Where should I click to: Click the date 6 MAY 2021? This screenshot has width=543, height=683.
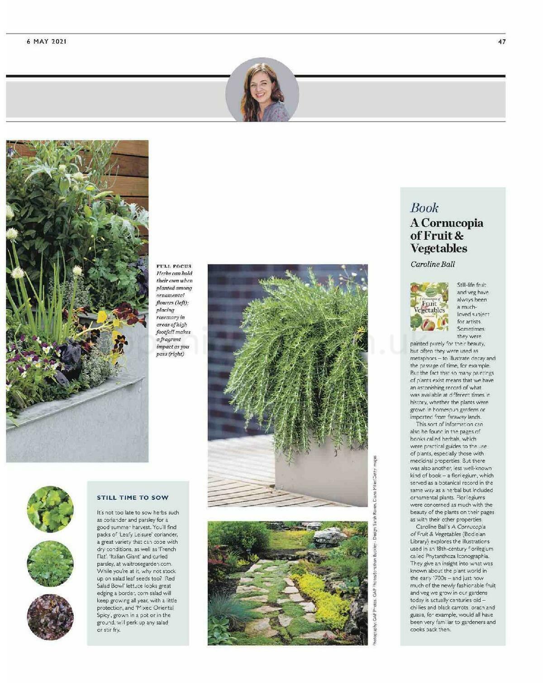pos(47,42)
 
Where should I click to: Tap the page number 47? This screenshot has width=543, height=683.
pos(501,42)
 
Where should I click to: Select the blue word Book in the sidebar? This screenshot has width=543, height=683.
pos(424,208)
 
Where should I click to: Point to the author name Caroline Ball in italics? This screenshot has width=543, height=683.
pos(432,264)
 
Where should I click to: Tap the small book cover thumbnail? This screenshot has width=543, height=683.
pos(429,306)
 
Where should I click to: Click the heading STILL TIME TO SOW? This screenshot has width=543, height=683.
pos(133,498)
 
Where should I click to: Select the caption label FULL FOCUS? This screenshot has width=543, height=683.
pos(174,266)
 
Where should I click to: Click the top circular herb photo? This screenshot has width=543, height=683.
pos(50,509)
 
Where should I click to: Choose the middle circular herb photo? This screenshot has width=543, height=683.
pos(50,564)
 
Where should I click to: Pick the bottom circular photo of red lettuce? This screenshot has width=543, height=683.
pos(50,617)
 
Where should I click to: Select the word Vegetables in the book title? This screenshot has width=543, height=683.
pos(438,248)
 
